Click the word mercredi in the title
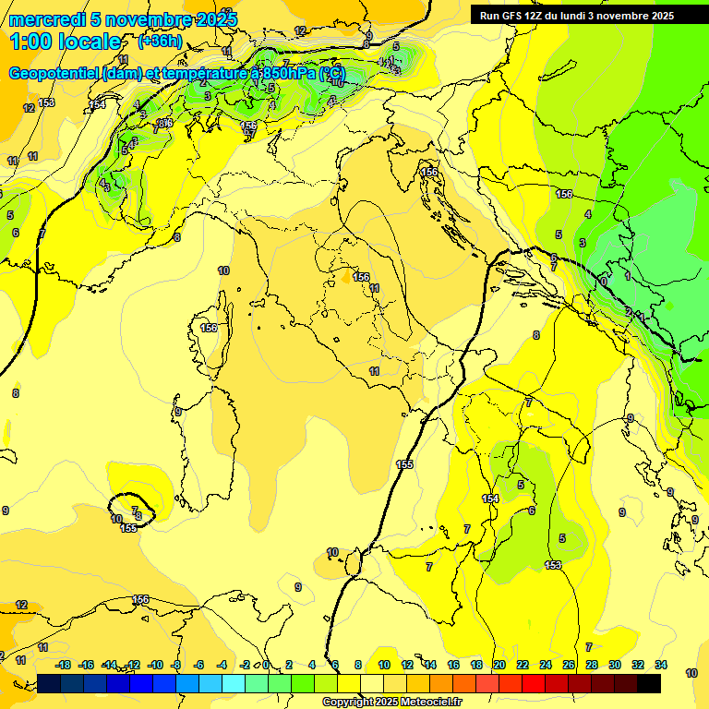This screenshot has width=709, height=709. [x=46, y=19]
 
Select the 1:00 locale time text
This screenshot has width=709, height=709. [x=65, y=42]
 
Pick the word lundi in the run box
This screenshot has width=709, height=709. [x=583, y=16]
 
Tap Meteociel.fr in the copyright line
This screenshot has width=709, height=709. [x=429, y=703]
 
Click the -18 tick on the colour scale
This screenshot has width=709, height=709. [x=64, y=665]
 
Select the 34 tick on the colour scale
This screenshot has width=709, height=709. [x=660, y=665]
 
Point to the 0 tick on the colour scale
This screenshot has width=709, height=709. [x=266, y=665]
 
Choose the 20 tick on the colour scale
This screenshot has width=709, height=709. [x=499, y=665]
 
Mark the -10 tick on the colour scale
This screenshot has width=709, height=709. [x=155, y=665]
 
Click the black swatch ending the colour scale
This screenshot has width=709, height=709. [x=649, y=683]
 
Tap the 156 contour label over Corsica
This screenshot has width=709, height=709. [x=210, y=327]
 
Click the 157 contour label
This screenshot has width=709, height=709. [x=248, y=135]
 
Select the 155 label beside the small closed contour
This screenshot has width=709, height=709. [x=129, y=528]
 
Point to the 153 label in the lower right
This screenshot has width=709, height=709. [x=553, y=565]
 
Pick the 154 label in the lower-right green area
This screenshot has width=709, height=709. [x=490, y=499]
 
